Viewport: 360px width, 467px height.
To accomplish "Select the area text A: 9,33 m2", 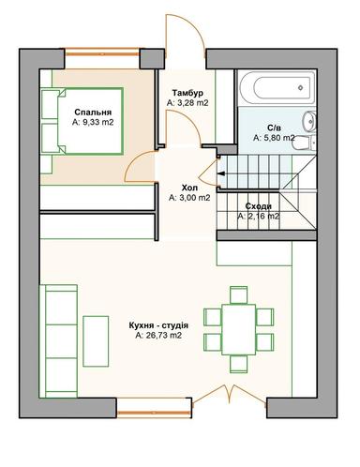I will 93,122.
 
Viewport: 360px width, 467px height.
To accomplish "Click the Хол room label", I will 189,188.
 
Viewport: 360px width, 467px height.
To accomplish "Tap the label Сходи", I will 259,205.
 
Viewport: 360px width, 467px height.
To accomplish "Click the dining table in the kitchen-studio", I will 240,326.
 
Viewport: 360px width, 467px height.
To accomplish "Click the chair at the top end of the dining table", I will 240,294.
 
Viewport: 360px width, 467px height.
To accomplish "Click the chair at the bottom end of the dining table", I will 240,360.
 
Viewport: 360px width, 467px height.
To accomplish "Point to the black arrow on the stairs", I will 221,173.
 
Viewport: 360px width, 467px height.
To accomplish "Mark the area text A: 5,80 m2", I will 274,137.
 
